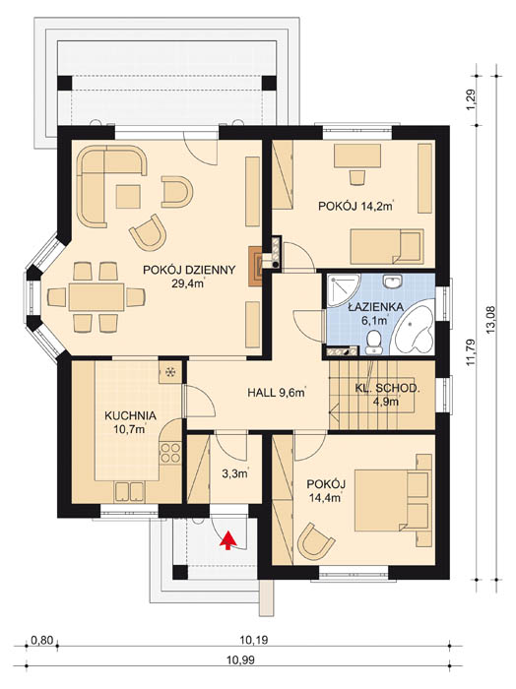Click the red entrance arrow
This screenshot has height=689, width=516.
(227, 540)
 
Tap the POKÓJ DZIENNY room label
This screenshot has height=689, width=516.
(189, 276)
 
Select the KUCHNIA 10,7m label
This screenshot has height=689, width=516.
(130, 422)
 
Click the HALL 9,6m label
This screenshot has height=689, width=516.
(277, 393)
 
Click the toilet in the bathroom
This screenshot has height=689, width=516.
(374, 342)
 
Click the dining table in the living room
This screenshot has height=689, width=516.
(97, 297)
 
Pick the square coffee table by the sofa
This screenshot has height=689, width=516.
(128, 197)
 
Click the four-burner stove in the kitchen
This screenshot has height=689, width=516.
(170, 453)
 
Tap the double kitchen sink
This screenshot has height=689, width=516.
(129, 492)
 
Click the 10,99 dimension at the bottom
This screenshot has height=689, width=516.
(240, 659)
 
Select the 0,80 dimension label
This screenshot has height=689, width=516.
(41, 640)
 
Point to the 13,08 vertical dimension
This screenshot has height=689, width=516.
(491, 320)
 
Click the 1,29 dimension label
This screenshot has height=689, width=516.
(472, 101)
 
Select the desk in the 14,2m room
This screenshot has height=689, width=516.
(357, 156)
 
